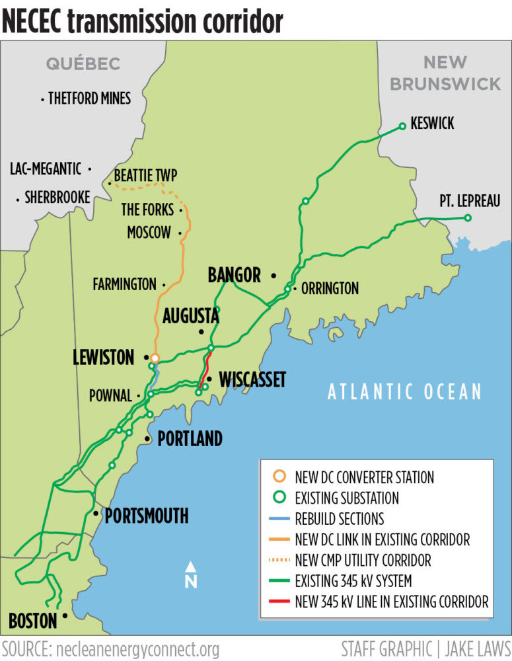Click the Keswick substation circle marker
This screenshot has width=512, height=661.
point(402,126)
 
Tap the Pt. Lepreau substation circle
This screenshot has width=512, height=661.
point(468,218)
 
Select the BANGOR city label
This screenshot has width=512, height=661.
point(234,275)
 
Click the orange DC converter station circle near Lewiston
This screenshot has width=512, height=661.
point(155,358)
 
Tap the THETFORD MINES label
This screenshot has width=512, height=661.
point(89,98)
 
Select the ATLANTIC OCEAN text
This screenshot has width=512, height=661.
point(405,392)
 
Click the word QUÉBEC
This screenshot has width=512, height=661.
point(83,63)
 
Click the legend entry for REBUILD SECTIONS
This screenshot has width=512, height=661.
point(339,519)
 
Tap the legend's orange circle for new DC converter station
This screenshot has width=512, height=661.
point(280,477)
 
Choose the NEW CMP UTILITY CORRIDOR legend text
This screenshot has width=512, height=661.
point(363,561)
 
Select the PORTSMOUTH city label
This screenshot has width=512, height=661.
point(147,516)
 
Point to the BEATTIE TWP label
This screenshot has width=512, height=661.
point(145,176)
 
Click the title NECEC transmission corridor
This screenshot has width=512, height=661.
point(142,21)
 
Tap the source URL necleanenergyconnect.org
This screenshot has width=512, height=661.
point(137,648)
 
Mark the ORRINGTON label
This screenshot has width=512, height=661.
point(330,288)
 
